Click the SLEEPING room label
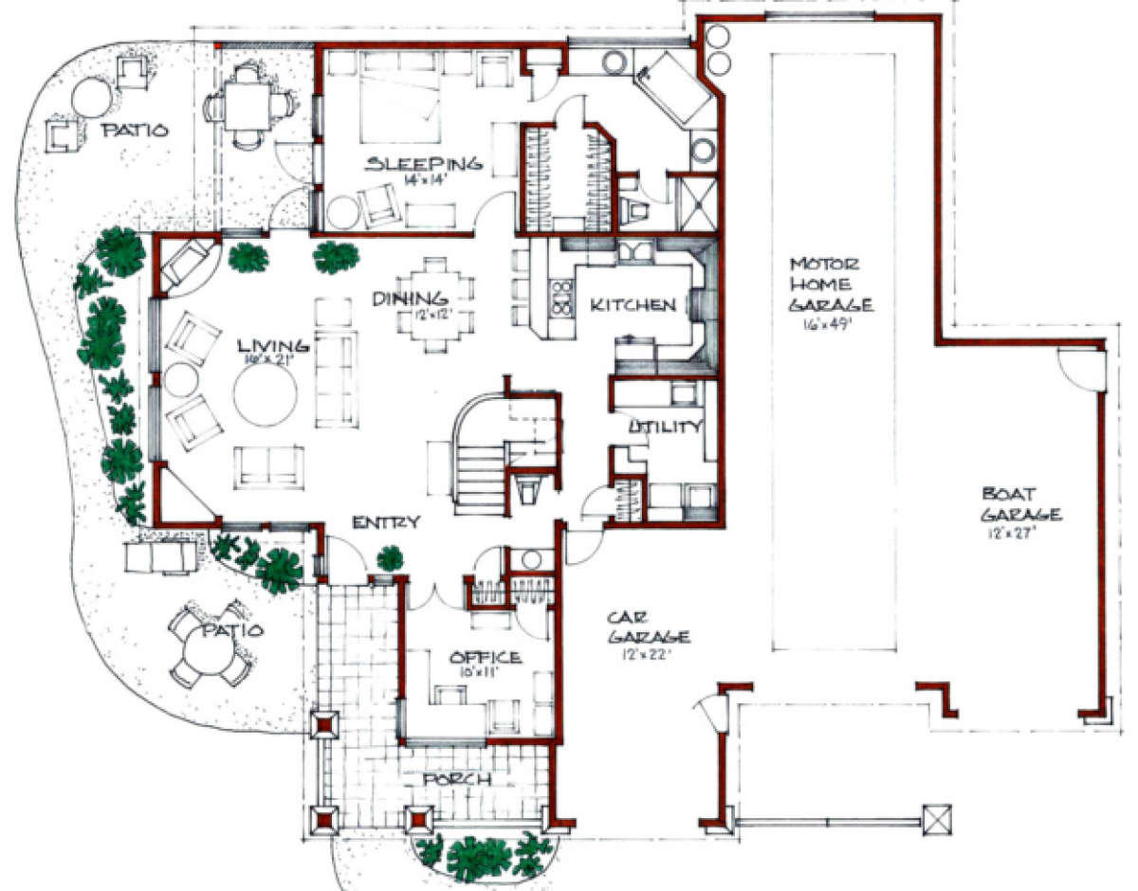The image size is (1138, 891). (424, 163)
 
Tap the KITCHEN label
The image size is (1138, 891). (633, 305)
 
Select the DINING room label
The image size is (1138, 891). (405, 299)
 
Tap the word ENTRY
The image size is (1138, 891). (386, 522)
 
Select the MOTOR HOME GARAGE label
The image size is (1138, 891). (831, 283)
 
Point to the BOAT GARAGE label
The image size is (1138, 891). (1020, 504)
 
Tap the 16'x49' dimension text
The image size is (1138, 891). (832, 324)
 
